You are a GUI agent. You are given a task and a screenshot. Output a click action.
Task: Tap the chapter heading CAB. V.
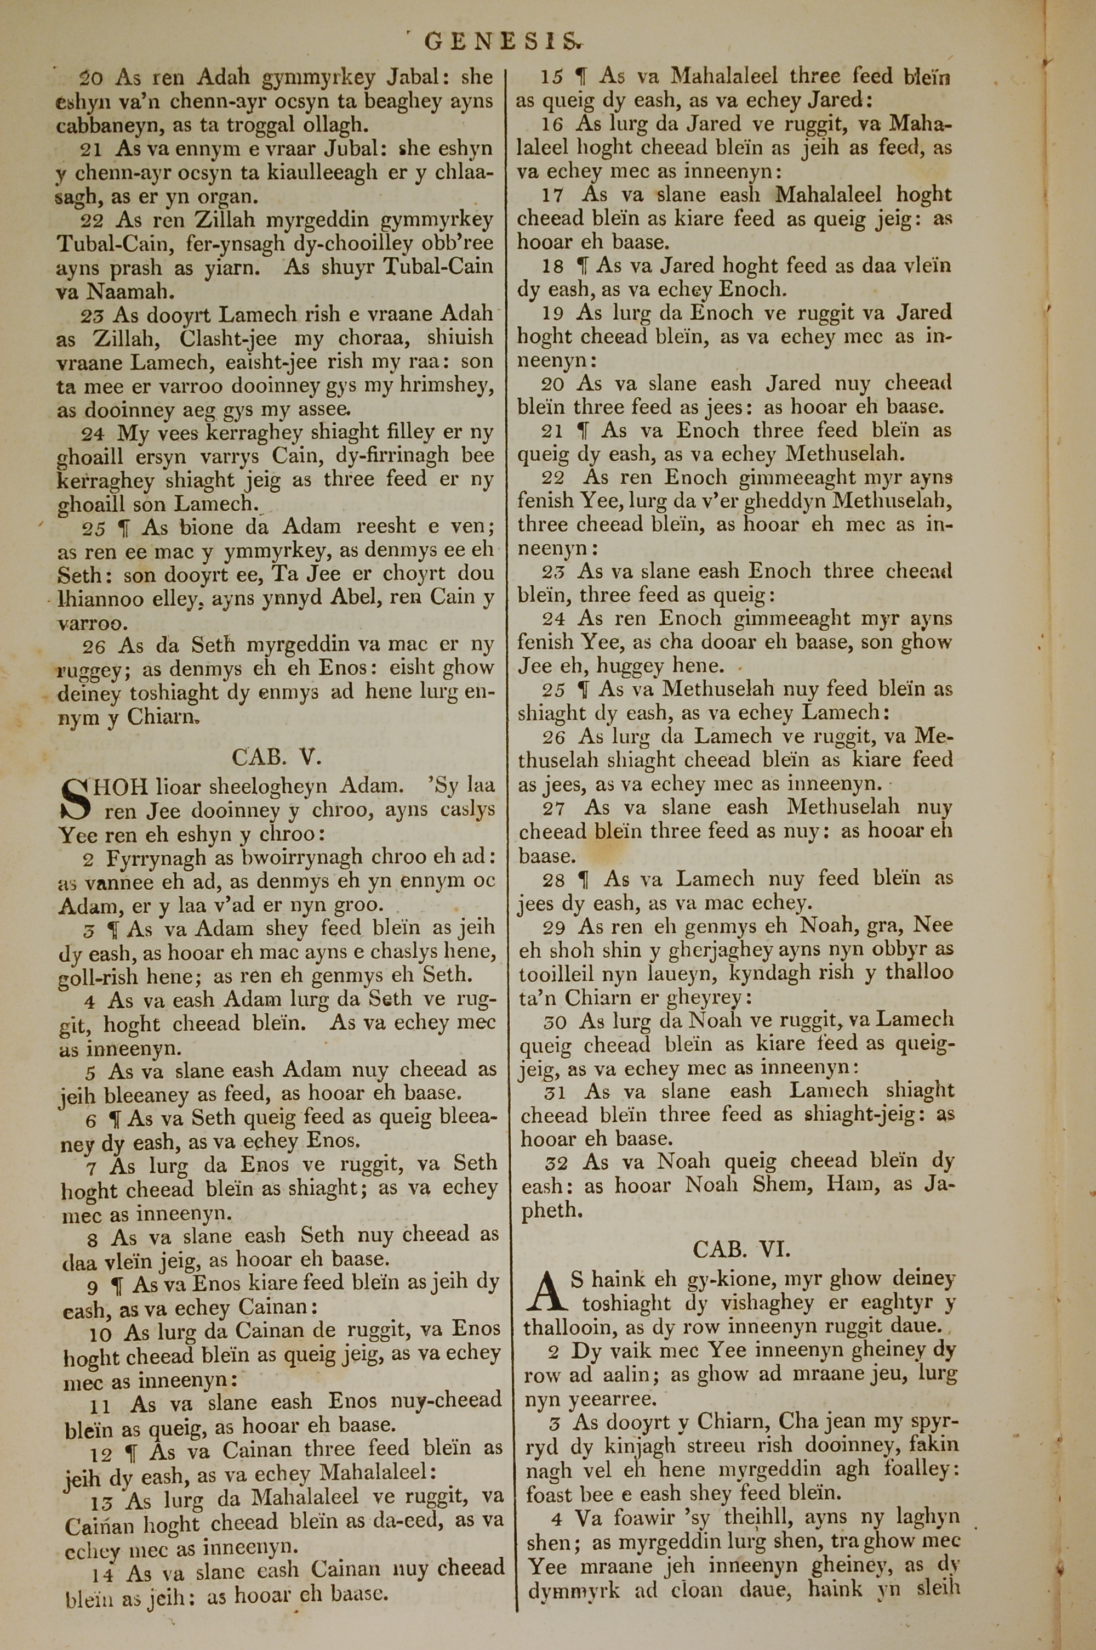point(276,758)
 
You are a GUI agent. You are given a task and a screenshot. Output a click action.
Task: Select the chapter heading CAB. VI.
point(740,1248)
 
